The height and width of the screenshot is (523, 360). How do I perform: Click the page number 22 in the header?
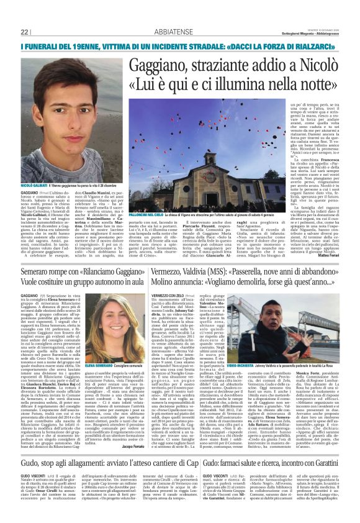pos(25,32)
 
